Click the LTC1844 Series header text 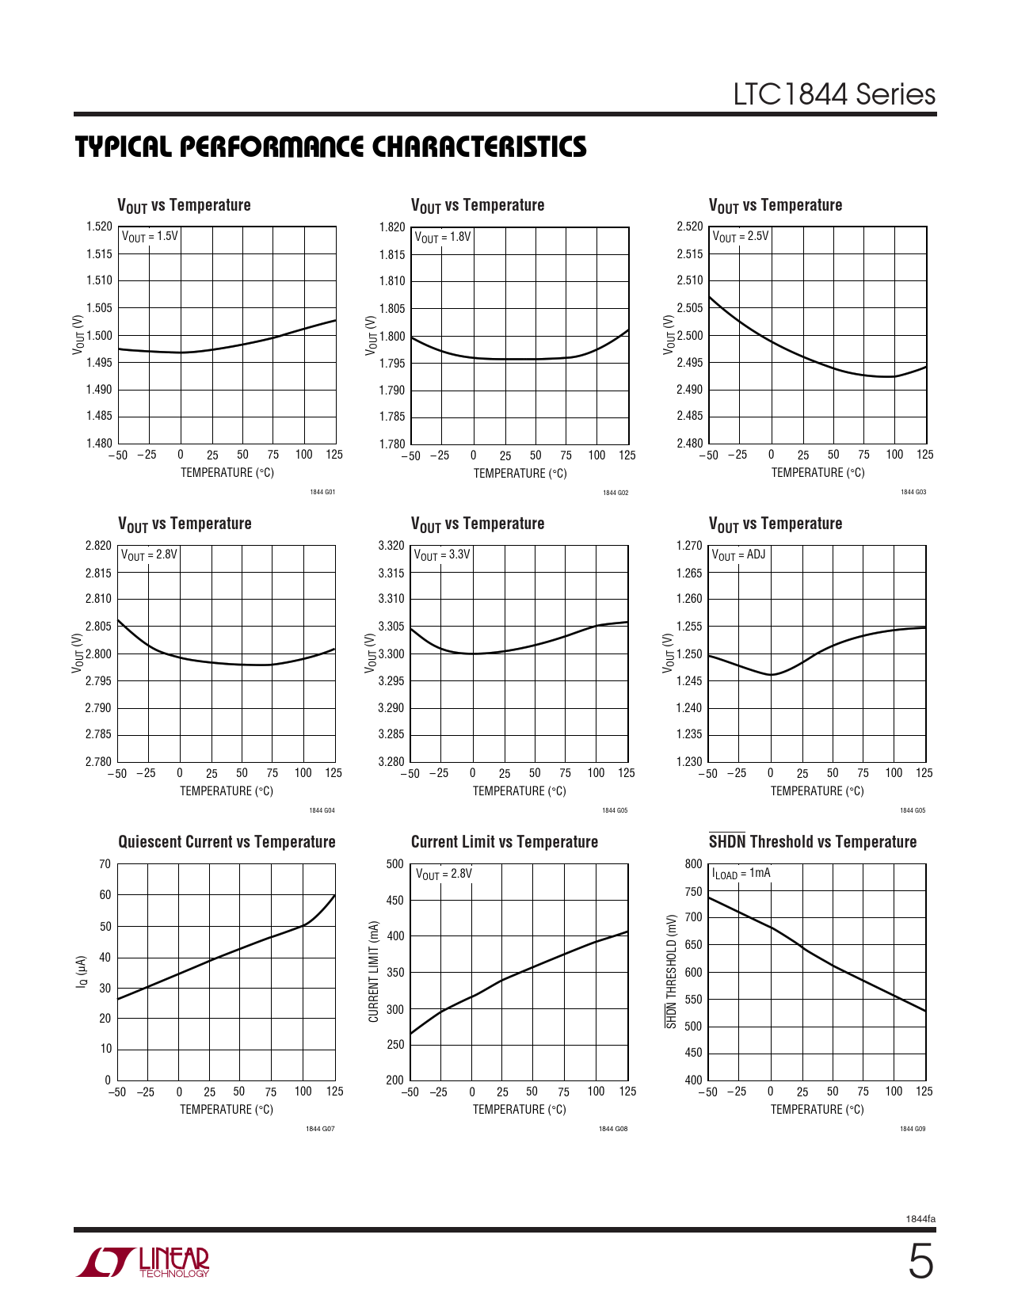(x=833, y=94)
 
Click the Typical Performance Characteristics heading (x=330, y=147)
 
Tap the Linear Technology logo (x=143, y=1262)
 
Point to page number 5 (x=920, y=1263)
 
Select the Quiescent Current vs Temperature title (x=227, y=842)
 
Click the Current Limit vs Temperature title (x=504, y=842)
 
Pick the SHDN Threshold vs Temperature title (x=812, y=842)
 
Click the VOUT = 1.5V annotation (x=150, y=237)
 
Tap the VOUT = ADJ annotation (x=738, y=555)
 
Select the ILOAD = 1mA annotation (x=741, y=874)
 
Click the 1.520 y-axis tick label (x=99, y=227)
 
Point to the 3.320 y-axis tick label (x=391, y=546)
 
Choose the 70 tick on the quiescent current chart (x=105, y=864)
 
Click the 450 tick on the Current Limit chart (x=394, y=901)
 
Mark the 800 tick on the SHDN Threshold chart (x=693, y=864)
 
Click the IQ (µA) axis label (x=81, y=972)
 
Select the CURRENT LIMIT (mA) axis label (x=374, y=971)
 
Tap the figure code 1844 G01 (x=322, y=492)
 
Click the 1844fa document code (x=920, y=1219)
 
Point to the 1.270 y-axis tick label (x=689, y=546)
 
